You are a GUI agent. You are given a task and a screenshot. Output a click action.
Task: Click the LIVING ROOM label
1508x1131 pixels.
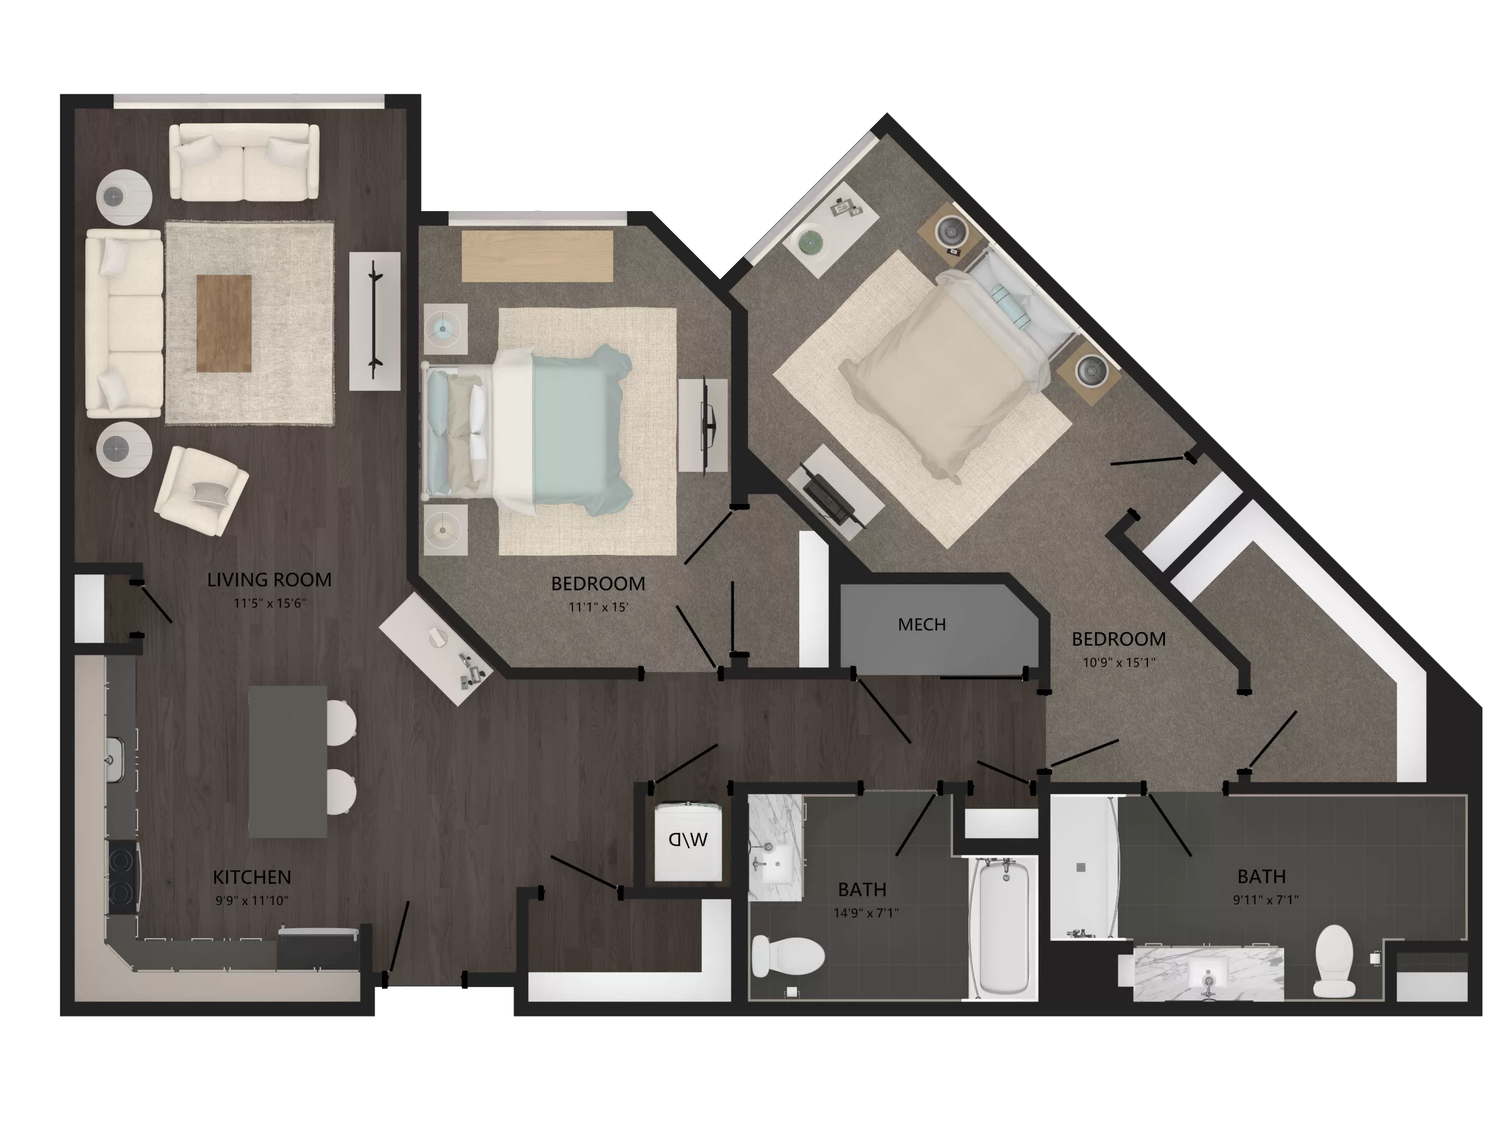270,580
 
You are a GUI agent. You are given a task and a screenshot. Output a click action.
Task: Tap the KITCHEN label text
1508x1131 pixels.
251,877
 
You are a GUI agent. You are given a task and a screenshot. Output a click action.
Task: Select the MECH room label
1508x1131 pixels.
922,625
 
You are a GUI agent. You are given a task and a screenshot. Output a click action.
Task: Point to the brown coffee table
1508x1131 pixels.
224,323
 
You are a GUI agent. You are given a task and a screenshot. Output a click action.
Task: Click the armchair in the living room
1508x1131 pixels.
201,490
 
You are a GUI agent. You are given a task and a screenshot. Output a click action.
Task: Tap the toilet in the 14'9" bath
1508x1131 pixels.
787,955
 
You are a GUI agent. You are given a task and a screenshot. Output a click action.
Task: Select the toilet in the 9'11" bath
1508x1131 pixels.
1334,961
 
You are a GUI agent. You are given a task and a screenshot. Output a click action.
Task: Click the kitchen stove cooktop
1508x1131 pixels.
123,878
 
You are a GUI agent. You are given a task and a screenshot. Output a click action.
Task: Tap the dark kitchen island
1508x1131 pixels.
287,761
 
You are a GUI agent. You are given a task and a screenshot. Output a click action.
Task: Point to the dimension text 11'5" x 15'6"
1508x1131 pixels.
270,603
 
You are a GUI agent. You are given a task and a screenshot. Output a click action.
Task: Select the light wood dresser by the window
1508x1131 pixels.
537,256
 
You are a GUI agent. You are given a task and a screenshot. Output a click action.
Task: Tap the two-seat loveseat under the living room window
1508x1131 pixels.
244,162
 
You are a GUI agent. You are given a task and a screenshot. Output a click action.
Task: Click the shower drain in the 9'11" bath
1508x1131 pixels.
1081,868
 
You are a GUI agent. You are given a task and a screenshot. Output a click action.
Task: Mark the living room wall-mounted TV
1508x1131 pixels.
374,320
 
